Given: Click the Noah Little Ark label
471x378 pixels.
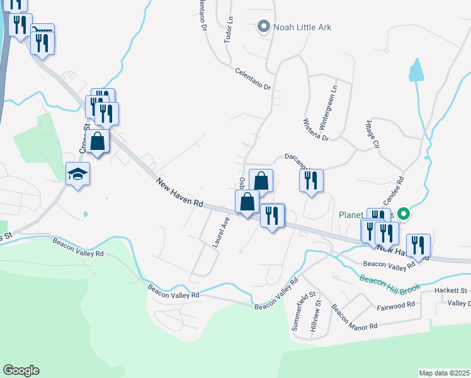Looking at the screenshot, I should click(x=302, y=27).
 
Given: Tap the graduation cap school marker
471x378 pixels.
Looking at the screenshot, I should click(x=78, y=173).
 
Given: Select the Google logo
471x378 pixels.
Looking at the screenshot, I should click(x=20, y=370).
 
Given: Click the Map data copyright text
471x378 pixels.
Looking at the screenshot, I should click(x=445, y=373).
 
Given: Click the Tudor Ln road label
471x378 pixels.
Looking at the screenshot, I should click(x=229, y=29).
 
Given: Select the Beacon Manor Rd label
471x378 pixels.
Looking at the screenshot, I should click(x=353, y=318).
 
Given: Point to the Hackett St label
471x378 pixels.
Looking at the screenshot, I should click(x=451, y=290).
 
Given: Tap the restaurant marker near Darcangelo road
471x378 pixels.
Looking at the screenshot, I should click(x=311, y=181).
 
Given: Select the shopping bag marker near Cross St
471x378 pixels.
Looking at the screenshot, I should click(x=98, y=141).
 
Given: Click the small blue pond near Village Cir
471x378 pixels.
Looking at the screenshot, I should click(x=416, y=71).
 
